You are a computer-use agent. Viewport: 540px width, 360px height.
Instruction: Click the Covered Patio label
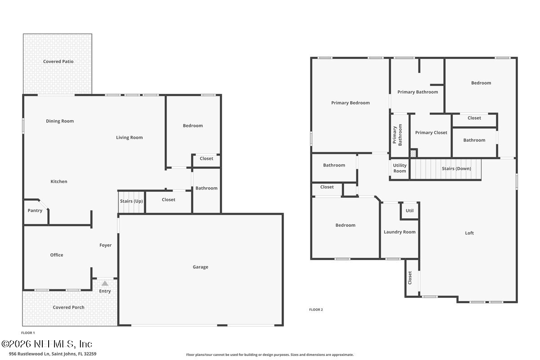pos(58,62)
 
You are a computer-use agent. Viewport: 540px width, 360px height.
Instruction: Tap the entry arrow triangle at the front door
pos(105,283)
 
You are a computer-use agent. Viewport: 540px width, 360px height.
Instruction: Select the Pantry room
pos(35,211)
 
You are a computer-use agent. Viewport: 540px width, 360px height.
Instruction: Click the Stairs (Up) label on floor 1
pos(131,201)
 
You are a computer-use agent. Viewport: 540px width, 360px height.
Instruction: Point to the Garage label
pos(200,267)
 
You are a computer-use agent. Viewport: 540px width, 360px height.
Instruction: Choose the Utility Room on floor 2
pos(400,168)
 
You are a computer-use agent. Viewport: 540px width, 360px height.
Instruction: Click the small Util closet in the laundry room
pos(409,211)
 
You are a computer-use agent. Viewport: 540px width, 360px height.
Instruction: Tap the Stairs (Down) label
pos(456,169)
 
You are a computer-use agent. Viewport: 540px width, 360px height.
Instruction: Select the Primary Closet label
pos(431,133)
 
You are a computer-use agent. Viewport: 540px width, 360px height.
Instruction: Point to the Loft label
pos(469,233)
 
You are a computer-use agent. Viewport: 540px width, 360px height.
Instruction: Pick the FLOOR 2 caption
pos(316,310)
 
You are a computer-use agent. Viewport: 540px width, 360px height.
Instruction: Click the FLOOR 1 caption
pos(28,333)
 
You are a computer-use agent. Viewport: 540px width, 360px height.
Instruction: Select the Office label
pos(57,255)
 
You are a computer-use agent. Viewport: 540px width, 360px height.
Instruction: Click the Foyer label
pos(105,245)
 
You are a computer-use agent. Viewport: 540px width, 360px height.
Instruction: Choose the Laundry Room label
pos(400,232)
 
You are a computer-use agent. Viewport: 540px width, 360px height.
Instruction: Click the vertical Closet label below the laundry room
pos(410,277)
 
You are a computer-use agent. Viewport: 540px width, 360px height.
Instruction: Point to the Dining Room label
pos(60,121)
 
